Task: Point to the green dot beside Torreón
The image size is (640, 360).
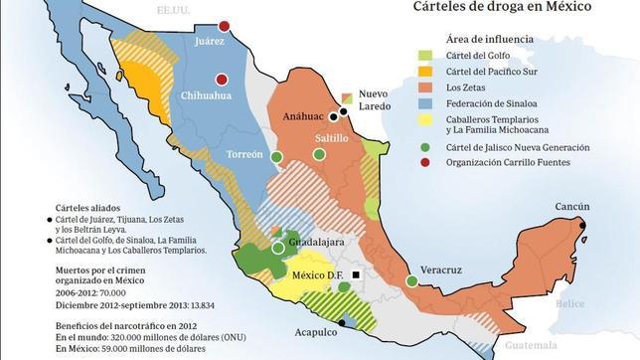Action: pos(277,156)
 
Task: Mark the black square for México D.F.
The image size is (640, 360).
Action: pos(355,273)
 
